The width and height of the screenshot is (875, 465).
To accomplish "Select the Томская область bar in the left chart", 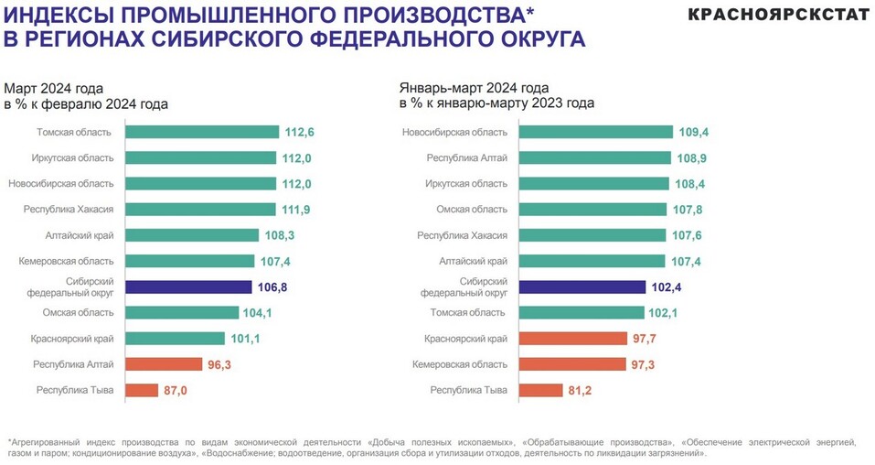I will (x=202, y=132).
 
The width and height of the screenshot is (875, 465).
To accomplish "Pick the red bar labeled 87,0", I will (x=142, y=391).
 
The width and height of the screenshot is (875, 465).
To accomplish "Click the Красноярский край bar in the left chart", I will (x=175, y=339).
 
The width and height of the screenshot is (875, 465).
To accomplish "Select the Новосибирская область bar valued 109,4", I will (x=596, y=132).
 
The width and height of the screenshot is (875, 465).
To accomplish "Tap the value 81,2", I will (x=582, y=391).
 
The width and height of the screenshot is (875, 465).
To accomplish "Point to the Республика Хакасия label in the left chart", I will (x=69, y=210).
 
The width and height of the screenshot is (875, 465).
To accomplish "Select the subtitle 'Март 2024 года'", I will (x=53, y=88).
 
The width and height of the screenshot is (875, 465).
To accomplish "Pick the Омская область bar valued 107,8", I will (x=592, y=210).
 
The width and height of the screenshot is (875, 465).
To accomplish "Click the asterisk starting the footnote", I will (x=8, y=441).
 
